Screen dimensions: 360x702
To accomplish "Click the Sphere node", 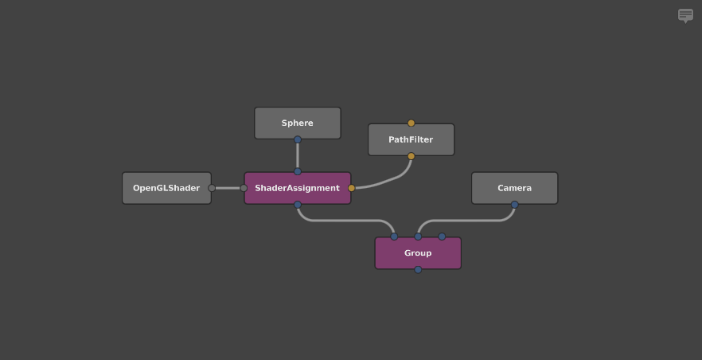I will (298, 123).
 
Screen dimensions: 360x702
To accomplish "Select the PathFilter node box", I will (411, 139).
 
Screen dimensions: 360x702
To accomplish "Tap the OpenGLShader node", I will (166, 188).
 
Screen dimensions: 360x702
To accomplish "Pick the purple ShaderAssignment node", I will (298, 188).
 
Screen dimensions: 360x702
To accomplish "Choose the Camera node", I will (514, 188).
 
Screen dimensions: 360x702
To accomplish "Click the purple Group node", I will (418, 253).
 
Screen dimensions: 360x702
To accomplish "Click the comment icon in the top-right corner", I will (685, 15).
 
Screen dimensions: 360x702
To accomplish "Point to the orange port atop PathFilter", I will (411, 123).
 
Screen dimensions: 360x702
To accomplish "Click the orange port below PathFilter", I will (411, 156).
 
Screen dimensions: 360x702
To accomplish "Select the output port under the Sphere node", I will (298, 139).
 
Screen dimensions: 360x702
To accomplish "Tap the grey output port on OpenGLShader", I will (212, 188).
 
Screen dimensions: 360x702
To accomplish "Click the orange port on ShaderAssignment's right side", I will (352, 188).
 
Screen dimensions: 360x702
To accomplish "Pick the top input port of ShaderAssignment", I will (298, 171).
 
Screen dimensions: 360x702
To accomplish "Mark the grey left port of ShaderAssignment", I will (244, 188).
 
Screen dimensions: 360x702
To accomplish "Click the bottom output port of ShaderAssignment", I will (298, 205).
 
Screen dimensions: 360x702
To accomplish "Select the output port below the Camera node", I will (514, 205).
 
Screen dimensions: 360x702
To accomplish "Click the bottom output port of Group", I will (418, 270).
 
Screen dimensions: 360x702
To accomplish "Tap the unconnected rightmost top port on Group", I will (442, 237).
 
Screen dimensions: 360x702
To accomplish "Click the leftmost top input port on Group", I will (394, 237).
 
